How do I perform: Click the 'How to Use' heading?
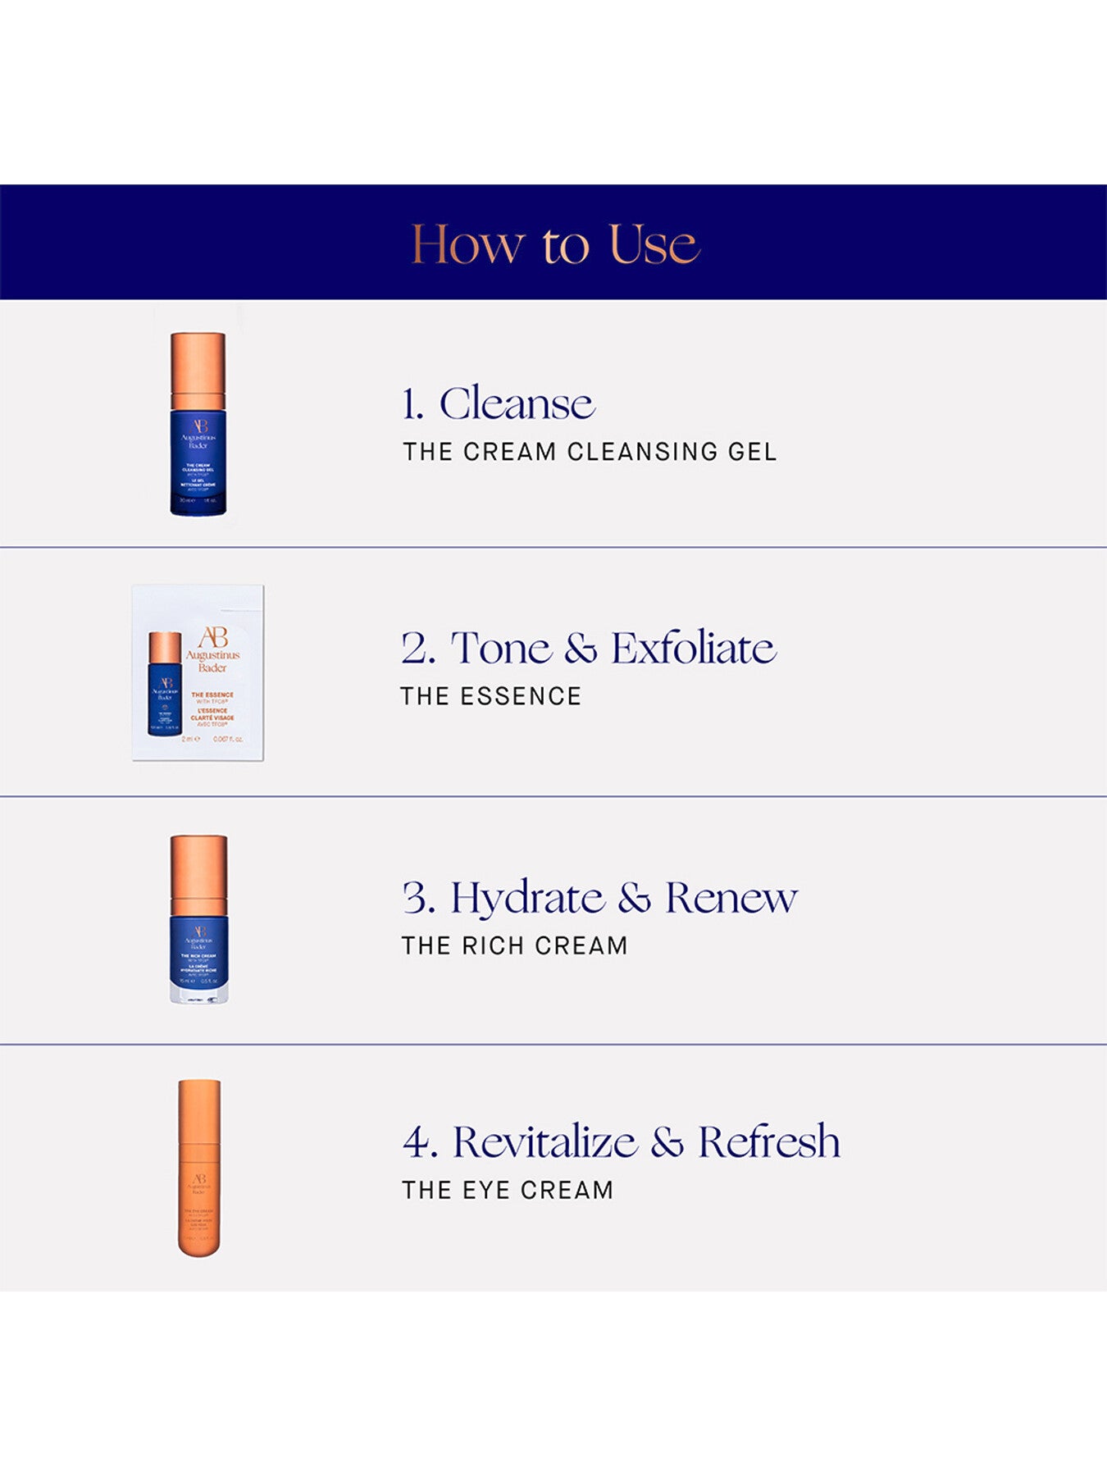coord(554,244)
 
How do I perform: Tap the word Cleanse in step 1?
coord(517,403)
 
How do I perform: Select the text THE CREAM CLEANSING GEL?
coord(589,452)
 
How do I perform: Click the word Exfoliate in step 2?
coord(693,649)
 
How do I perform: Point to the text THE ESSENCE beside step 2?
coord(490,696)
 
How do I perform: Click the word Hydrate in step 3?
coord(527,898)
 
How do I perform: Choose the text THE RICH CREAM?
coord(514,945)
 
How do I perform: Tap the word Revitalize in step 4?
coord(544,1142)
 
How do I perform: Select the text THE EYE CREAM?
coord(507,1190)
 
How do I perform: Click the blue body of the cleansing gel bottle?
coord(198,463)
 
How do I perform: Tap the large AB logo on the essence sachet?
coord(213,637)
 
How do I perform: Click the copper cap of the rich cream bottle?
coord(198,873)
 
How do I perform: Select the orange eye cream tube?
coord(199,1168)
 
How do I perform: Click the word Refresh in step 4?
coord(768,1142)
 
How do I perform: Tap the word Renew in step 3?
coord(730,898)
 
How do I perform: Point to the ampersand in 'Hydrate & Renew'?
coord(634,898)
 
